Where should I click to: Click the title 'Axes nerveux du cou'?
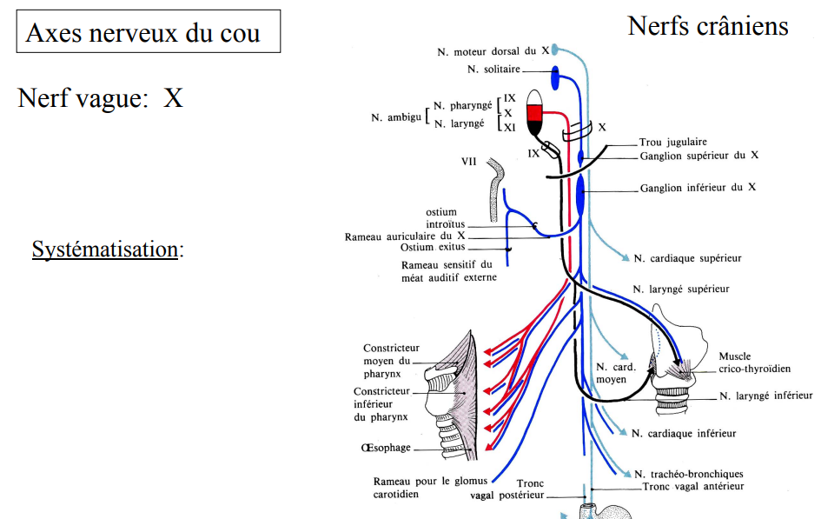[142, 33]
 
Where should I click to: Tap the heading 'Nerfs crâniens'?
[707, 26]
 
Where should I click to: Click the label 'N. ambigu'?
[396, 116]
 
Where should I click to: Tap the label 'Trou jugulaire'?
[672, 142]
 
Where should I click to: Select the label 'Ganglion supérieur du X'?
[699, 156]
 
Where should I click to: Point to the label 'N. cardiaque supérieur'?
[688, 258]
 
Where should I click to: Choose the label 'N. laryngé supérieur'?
[681, 289]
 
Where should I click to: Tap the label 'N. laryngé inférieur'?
[766, 396]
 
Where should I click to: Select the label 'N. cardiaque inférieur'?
[684, 433]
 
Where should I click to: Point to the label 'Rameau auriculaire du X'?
[405, 236]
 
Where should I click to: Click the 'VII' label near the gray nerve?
[469, 161]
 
